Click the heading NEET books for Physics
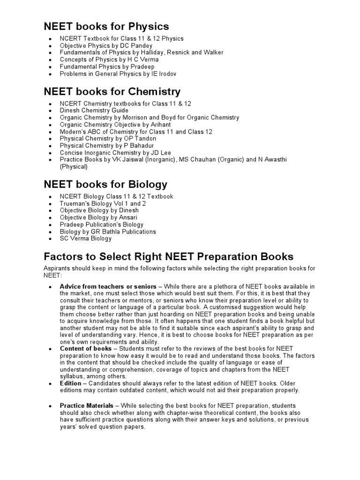(x=106, y=26)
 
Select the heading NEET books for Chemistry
(x=112, y=91)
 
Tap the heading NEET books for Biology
(x=105, y=184)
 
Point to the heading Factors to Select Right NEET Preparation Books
(x=168, y=256)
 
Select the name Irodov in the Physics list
(x=167, y=74)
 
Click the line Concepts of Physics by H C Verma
(x=109, y=60)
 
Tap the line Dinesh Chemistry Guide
(x=94, y=111)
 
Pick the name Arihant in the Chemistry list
(x=160, y=125)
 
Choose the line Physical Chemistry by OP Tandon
(x=108, y=139)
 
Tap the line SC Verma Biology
(x=86, y=239)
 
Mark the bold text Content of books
(x=86, y=349)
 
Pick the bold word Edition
(x=71, y=383)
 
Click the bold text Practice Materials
(x=87, y=405)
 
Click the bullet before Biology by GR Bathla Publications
(x=50, y=232)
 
